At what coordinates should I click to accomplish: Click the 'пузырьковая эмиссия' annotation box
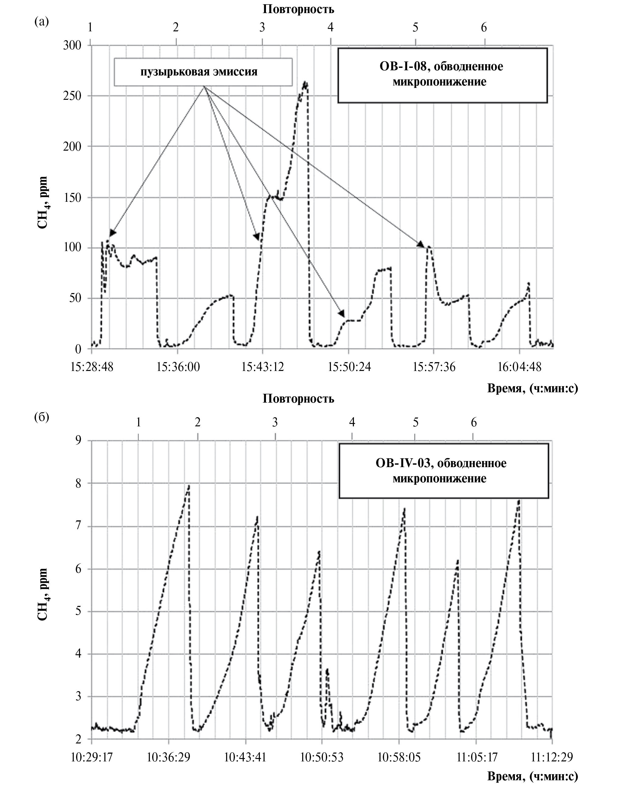tap(203, 72)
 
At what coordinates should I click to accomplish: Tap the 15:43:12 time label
tap(262, 366)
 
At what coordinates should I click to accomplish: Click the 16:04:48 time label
tap(519, 366)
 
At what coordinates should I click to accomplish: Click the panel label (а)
tap(41, 22)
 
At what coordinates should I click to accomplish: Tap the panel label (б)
tap(41, 417)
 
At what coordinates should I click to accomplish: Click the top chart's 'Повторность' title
tap(298, 9)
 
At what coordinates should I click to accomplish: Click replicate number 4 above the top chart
tap(330, 27)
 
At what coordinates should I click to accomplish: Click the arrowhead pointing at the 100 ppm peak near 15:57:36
tap(421, 244)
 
